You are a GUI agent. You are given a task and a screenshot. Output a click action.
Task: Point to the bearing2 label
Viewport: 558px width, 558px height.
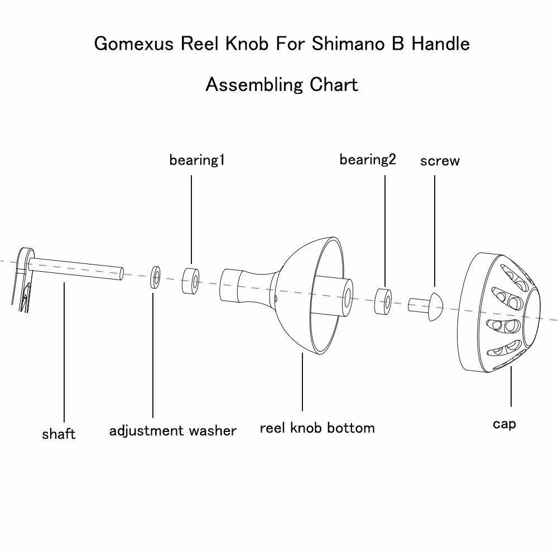point(367,159)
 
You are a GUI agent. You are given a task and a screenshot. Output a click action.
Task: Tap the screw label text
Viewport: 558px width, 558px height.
point(440,161)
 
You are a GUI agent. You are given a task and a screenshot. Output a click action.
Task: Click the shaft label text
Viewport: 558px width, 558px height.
point(58,434)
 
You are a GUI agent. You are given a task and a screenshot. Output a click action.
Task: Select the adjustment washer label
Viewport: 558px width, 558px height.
point(173,431)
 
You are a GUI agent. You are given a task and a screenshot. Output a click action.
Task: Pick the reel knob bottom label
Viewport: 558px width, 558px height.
point(317,428)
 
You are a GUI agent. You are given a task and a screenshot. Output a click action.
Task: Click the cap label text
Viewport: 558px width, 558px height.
point(504,424)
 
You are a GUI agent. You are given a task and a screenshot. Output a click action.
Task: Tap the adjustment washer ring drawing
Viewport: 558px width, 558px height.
point(155,277)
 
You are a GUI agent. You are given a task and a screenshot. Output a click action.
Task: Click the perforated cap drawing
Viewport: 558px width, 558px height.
point(502,312)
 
